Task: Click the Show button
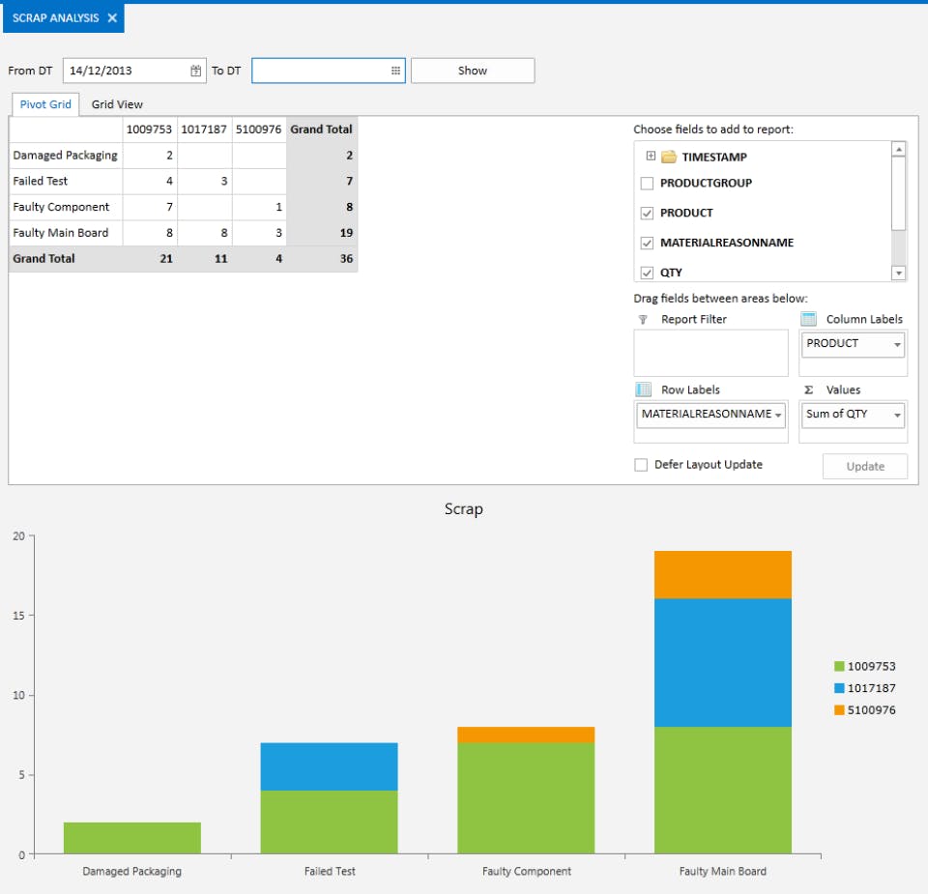[472, 71]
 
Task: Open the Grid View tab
[117, 104]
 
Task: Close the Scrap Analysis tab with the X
[112, 18]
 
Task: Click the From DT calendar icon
[195, 71]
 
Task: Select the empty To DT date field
[319, 71]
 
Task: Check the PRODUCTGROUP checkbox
[648, 184]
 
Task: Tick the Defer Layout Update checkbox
[641, 465]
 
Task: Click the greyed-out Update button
[865, 466]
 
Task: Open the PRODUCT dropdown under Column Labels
[897, 344]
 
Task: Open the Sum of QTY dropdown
[897, 415]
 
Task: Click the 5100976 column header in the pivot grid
[259, 130]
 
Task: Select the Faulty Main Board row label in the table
[61, 233]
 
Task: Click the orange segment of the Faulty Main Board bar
[722, 575]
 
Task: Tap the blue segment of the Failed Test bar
[329, 766]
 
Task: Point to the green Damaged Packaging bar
[132, 838]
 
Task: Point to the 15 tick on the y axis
[18, 616]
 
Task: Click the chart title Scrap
[463, 509]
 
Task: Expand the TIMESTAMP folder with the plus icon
[651, 157]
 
